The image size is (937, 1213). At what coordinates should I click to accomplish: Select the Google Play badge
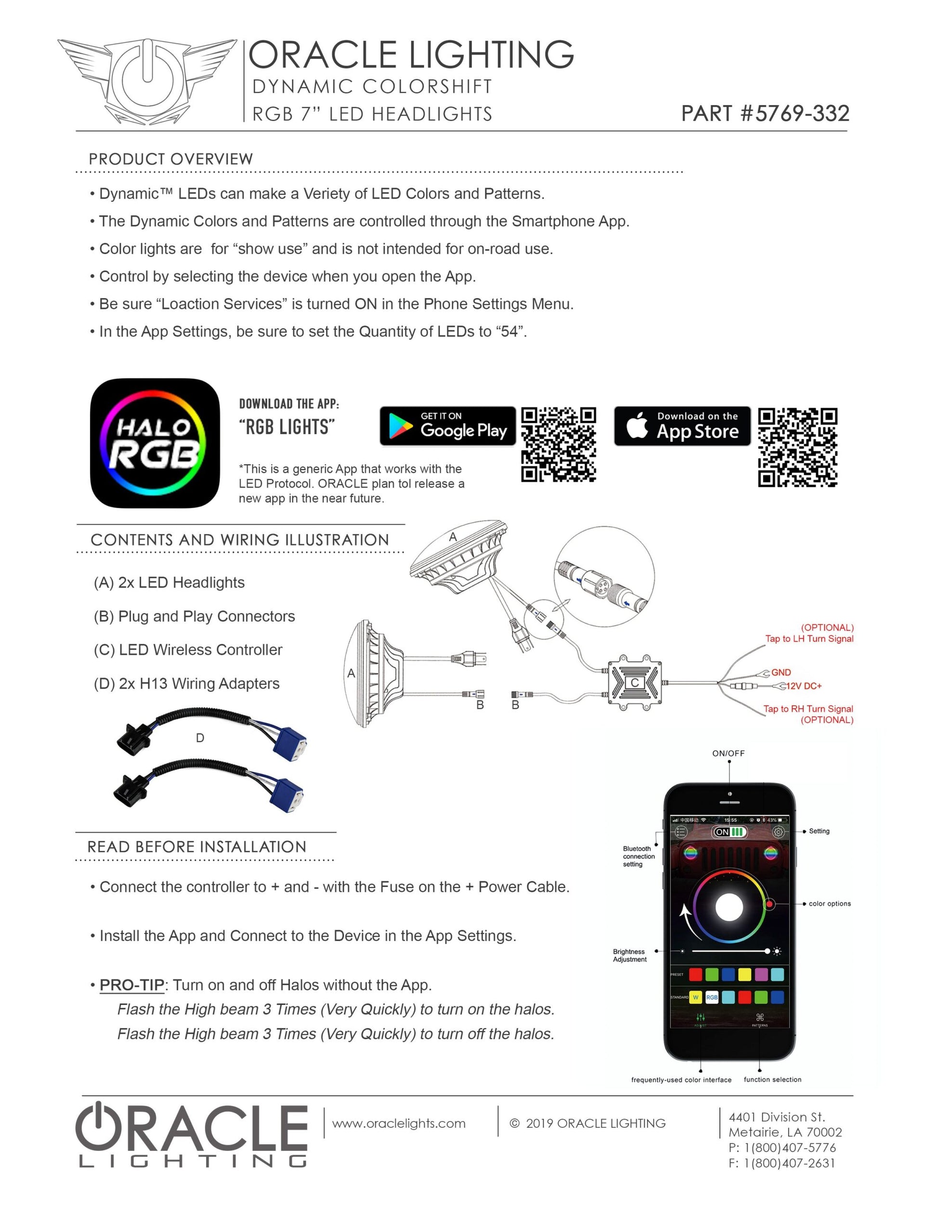(447, 426)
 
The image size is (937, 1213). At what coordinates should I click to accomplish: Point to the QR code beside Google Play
(558, 444)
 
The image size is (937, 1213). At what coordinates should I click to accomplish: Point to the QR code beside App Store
(797, 447)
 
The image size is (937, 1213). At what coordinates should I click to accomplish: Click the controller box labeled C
(634, 683)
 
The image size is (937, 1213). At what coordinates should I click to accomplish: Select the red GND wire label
(781, 673)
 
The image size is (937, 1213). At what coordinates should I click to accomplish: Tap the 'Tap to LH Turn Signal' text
(809, 639)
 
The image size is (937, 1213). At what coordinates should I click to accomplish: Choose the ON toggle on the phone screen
(729, 832)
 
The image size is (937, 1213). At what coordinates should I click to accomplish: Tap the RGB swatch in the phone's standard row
(712, 997)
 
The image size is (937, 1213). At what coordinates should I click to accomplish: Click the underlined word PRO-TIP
(131, 985)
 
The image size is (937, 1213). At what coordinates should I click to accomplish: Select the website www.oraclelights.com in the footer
(399, 1123)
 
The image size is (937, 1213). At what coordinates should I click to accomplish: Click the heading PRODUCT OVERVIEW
(170, 159)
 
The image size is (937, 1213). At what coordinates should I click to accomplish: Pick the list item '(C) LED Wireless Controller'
(188, 650)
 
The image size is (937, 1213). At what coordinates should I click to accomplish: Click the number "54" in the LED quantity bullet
(509, 332)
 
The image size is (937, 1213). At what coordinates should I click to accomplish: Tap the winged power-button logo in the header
(147, 80)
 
